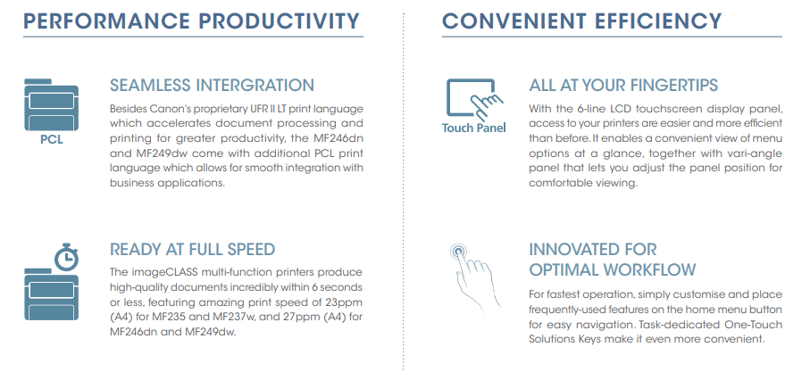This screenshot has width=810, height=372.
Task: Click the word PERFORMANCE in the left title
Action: (x=107, y=21)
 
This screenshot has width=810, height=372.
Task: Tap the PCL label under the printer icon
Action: (x=52, y=140)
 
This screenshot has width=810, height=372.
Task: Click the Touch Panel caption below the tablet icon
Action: (x=473, y=128)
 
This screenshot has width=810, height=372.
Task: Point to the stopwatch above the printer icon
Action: (x=67, y=256)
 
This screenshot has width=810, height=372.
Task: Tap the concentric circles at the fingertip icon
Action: (x=458, y=252)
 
